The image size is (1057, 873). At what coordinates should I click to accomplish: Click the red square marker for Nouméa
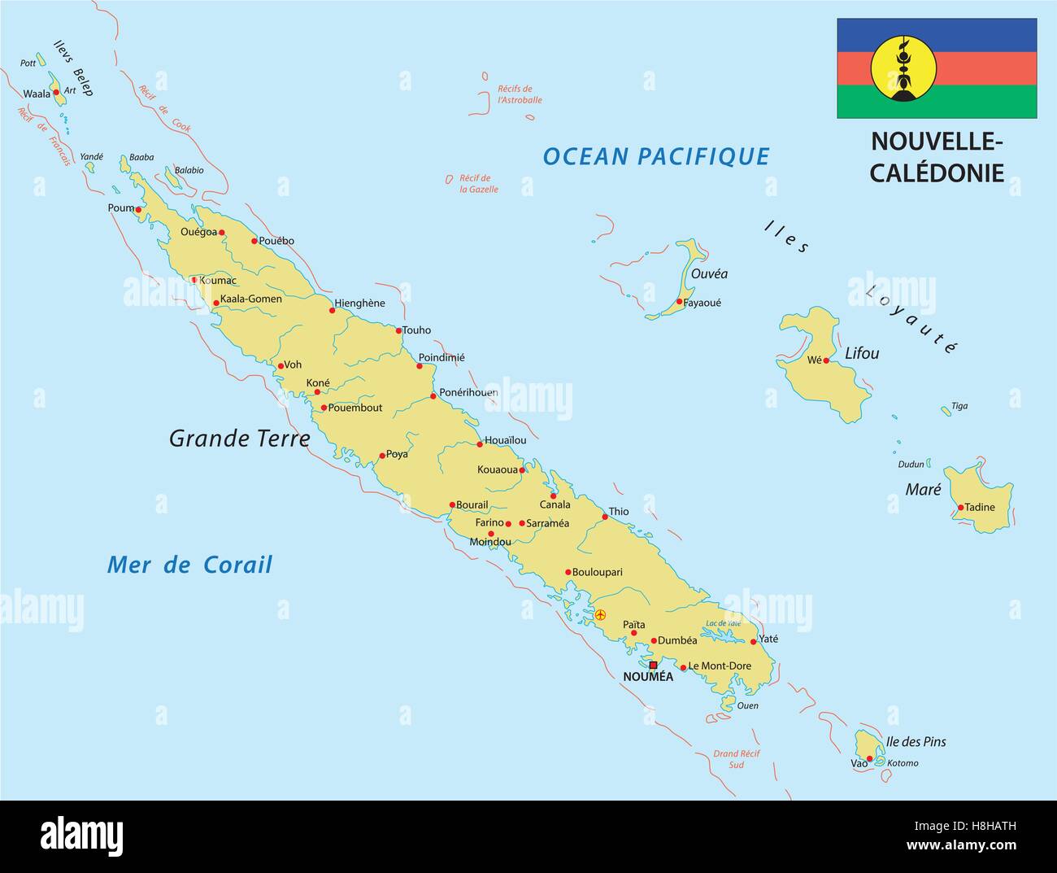tap(653, 665)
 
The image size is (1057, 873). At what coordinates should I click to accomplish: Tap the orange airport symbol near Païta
tap(600, 615)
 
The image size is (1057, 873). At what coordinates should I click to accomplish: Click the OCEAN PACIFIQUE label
tap(655, 156)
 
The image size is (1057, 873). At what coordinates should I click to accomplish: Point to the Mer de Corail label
tap(189, 565)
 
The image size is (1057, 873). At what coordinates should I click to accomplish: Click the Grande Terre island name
tap(239, 439)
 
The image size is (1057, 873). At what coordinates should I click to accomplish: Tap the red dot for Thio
tap(605, 517)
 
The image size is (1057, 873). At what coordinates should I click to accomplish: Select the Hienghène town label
tap(359, 303)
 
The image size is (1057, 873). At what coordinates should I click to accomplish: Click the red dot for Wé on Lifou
tap(826, 360)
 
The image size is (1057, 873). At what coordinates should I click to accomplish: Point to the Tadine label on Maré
tap(979, 507)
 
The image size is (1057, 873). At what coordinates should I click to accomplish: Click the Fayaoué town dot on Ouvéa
tap(679, 301)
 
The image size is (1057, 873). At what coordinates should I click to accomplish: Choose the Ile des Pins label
tap(916, 741)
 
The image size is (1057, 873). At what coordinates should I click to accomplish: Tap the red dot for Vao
tap(869, 759)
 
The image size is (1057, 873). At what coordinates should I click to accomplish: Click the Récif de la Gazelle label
tap(478, 184)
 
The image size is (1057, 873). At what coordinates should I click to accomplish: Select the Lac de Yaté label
tap(724, 623)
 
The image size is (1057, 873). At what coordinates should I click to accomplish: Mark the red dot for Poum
tap(138, 210)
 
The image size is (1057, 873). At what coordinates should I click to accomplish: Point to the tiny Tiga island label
tap(959, 406)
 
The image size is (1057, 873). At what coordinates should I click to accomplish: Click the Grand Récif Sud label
tap(736, 759)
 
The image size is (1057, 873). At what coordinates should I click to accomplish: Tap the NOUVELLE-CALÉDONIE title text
tap(937, 156)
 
